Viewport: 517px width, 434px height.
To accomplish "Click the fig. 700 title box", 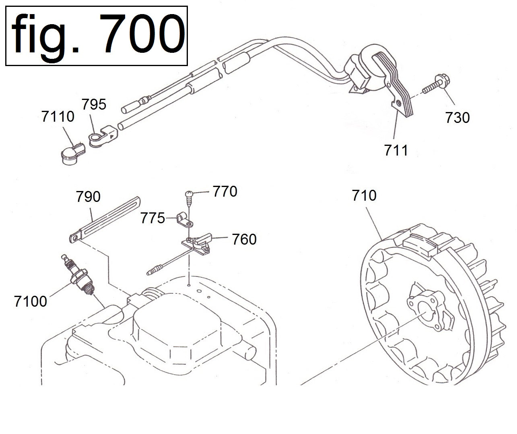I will point(96,35).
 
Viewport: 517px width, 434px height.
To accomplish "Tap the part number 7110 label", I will point(58,117).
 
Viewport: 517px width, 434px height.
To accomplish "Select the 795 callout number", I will point(94,104).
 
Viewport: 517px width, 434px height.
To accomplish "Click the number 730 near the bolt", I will point(457,118).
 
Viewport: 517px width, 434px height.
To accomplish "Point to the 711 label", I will point(396,150).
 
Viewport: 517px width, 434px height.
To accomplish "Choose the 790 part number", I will point(88,197).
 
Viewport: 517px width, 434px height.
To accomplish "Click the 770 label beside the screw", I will point(225,191).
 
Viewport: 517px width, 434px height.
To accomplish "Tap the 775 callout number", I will point(152,219).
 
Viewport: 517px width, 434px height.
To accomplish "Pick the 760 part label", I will point(244,239).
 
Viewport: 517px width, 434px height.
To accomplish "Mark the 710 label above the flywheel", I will point(364,195).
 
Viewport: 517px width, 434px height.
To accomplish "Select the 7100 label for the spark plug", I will point(31,301).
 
